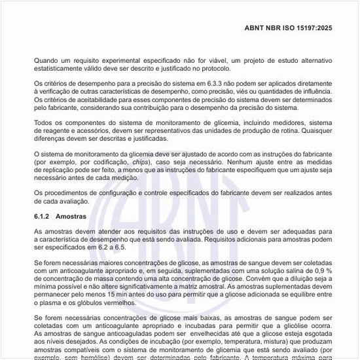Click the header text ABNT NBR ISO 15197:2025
coord(289,28)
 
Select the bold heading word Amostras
coord(72,215)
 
